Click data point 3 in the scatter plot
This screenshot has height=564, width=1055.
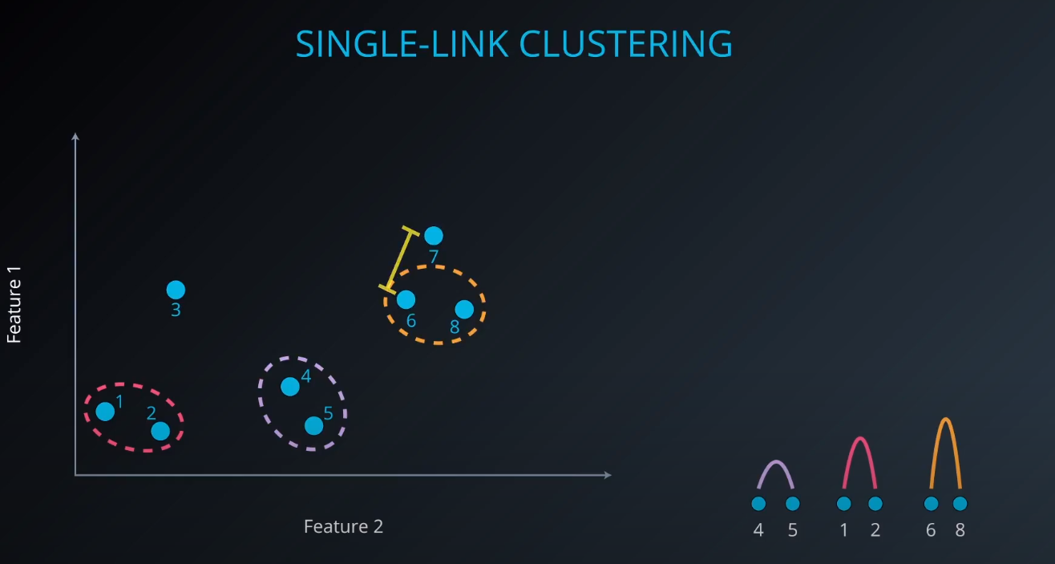(176, 290)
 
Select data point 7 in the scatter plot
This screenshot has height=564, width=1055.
(433, 235)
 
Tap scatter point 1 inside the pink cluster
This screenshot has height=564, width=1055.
(105, 412)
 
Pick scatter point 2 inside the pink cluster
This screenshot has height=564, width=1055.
(160, 431)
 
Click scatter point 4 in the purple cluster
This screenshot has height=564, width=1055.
(290, 387)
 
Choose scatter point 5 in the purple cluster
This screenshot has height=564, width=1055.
(313, 425)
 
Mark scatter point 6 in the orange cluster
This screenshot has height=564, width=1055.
(406, 299)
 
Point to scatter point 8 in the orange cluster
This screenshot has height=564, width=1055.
(464, 309)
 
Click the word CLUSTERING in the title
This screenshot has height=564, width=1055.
(626, 44)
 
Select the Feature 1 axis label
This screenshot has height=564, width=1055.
(14, 305)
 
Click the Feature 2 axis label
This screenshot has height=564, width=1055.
(343, 526)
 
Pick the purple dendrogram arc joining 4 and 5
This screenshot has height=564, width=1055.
(775, 463)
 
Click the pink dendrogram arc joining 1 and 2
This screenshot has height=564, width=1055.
(859, 440)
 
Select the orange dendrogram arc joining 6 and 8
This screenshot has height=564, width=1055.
(946, 420)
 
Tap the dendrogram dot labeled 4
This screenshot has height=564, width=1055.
(758, 504)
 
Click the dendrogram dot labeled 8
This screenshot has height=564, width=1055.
(960, 504)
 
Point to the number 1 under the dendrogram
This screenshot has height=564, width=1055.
(843, 530)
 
